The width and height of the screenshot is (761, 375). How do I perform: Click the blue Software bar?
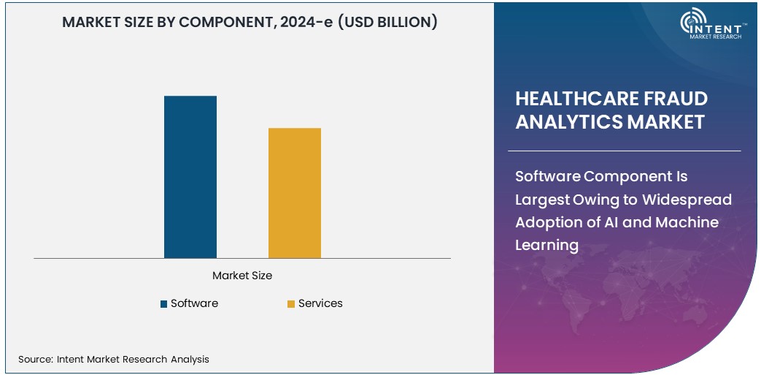tap(190, 177)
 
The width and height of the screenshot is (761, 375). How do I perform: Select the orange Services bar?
tap(294, 193)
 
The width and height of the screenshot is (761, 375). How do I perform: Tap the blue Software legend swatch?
tap(164, 304)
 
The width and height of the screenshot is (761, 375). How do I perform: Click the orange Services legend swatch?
tap(291, 304)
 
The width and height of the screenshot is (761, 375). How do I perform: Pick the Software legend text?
tap(194, 303)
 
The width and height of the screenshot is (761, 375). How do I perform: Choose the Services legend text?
tap(320, 303)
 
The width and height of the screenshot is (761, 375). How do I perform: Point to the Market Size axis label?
tap(242, 276)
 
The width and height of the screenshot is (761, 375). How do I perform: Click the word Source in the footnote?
tap(34, 359)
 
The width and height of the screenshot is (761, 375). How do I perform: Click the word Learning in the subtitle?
tap(546, 245)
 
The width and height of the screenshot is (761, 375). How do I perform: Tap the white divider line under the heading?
tap(627, 151)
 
